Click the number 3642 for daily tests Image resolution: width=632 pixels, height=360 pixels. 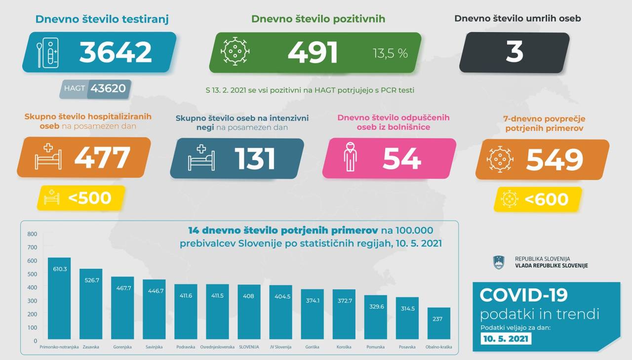click(x=116, y=52)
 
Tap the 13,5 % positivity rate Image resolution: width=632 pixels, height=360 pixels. click(x=390, y=53)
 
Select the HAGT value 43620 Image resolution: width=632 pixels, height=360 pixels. click(x=108, y=89)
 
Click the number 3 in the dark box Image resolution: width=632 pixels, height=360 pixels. click(x=514, y=52)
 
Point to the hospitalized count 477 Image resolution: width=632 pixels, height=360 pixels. click(x=102, y=158)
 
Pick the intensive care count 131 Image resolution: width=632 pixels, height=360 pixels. click(x=255, y=159)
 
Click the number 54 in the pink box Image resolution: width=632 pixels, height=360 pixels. click(x=401, y=159)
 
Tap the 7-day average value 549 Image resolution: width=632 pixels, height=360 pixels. click(x=554, y=159)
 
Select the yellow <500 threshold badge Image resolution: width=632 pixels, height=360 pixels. click(x=81, y=198)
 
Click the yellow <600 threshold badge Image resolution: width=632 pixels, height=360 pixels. click(x=538, y=199)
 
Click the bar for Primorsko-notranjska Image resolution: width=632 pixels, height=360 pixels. click(x=59, y=298)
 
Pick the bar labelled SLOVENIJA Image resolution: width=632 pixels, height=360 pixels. click(x=249, y=312)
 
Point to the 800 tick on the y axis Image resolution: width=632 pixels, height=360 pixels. click(x=32, y=234)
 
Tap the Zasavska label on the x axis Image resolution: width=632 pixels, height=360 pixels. click(x=91, y=347)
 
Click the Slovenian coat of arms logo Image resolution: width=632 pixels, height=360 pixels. click(x=499, y=262)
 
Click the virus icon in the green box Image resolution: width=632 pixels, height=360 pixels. click(x=235, y=51)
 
